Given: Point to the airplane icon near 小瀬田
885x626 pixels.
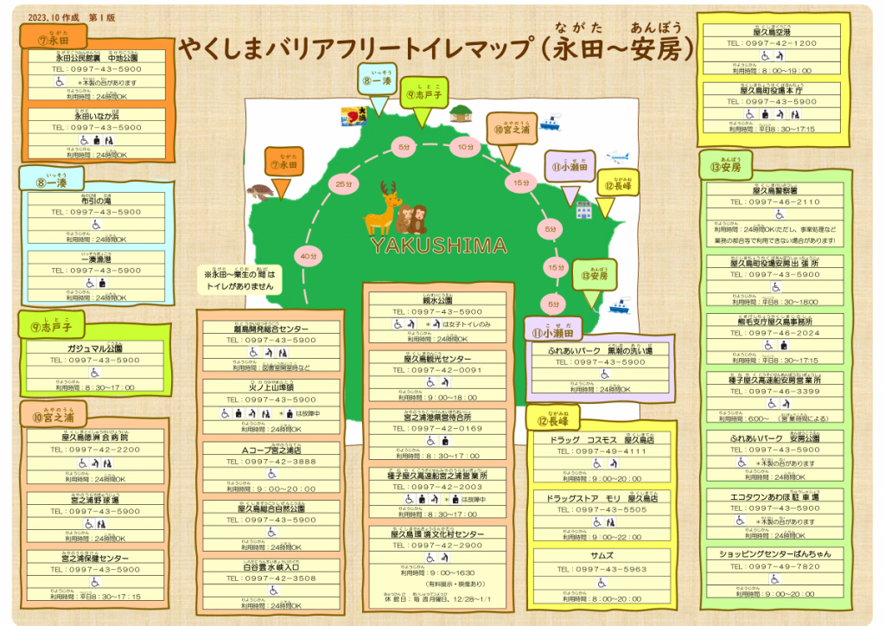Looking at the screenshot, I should (617, 157).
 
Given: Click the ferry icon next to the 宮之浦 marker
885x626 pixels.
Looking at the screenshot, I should (550, 122).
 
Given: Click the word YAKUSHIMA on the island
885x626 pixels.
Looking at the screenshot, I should (439, 246).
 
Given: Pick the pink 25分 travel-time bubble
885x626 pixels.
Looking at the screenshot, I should (344, 184).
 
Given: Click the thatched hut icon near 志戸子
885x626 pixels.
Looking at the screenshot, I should (461, 113).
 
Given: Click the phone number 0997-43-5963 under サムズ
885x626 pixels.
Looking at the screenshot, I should (612, 569).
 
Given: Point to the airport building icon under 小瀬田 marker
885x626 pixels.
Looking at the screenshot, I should (583, 210).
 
